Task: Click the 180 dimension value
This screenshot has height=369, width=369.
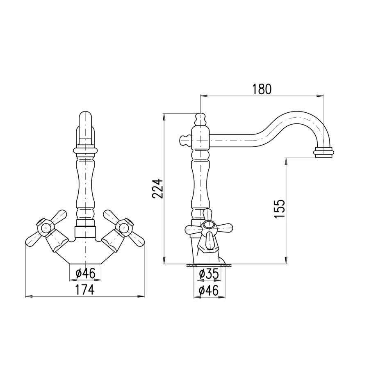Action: click(x=262, y=89)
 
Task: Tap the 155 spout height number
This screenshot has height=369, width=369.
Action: click(x=280, y=209)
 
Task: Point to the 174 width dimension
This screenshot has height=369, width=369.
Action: click(x=85, y=290)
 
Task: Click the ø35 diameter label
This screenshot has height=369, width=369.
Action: click(x=209, y=274)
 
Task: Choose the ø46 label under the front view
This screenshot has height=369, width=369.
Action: click(x=85, y=273)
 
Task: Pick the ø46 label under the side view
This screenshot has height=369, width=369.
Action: click(x=209, y=290)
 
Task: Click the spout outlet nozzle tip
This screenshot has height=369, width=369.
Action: click(x=323, y=153)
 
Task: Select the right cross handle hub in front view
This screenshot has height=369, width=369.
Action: click(x=124, y=228)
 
